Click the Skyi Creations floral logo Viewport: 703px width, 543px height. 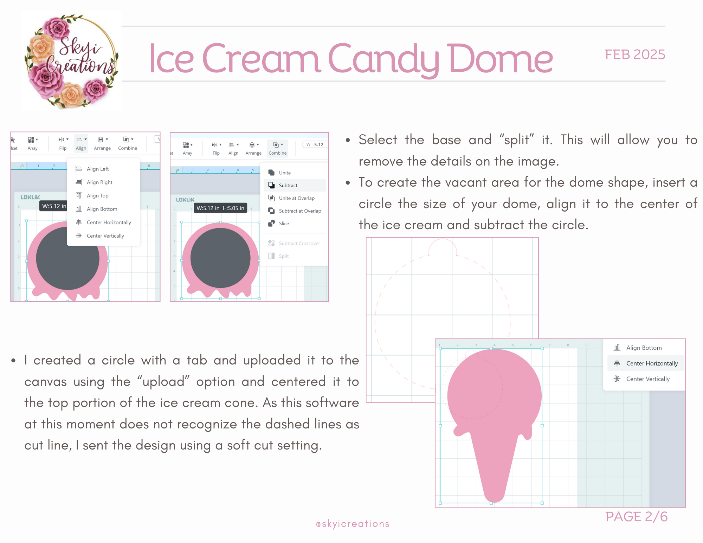(72, 62)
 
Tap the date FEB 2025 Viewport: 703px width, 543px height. (635, 54)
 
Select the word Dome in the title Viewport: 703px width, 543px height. (501, 58)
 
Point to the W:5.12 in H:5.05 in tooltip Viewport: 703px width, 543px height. (220, 208)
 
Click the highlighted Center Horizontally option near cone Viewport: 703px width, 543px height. (646, 363)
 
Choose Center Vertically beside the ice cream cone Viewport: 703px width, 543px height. (642, 379)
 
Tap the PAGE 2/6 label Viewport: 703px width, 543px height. (636, 517)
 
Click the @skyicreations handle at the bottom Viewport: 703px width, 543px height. (353, 524)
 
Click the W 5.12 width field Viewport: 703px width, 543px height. (315, 144)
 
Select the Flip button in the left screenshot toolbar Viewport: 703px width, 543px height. (63, 143)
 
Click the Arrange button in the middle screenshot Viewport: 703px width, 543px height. (253, 148)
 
